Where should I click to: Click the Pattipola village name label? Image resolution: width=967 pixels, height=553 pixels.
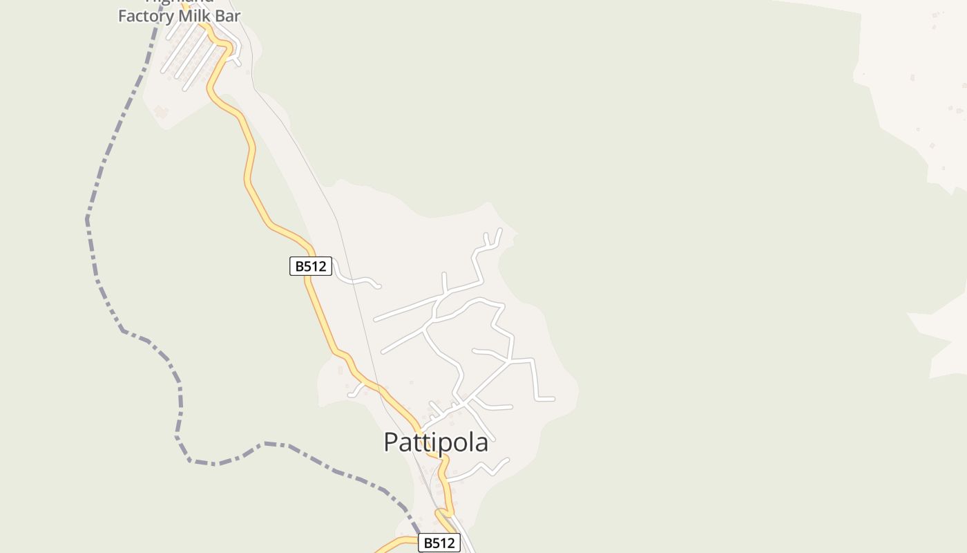436,442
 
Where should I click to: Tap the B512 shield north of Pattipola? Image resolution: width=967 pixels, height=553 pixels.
310,266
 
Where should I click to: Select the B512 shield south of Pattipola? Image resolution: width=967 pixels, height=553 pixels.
439,543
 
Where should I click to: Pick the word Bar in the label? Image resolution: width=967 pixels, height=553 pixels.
228,16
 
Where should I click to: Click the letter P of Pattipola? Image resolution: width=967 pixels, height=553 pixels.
391,442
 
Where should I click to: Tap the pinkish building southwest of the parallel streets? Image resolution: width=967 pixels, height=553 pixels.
161,111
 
